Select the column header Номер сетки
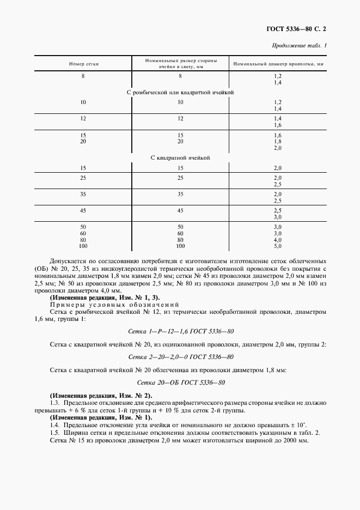tap(83, 64)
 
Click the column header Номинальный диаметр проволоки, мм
tap(278, 64)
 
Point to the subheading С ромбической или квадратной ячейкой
tap(180, 92)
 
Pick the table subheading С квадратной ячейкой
tap(180, 157)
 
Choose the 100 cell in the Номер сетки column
tap(83, 246)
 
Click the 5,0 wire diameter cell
tap(277, 246)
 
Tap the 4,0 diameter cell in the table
tap(277, 239)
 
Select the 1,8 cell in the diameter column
tap(277, 141)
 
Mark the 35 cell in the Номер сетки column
tap(83, 193)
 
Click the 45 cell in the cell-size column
tap(180, 210)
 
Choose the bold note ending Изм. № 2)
tap(101, 395)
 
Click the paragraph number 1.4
tap(54, 424)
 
